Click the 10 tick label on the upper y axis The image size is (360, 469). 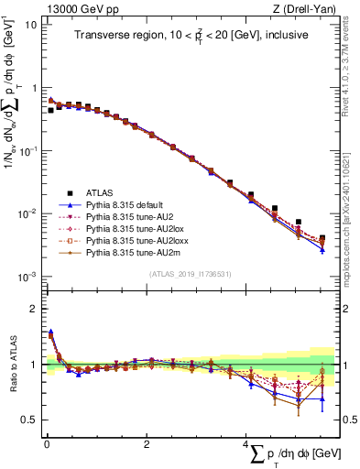coord(31,25)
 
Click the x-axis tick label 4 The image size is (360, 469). coord(246,443)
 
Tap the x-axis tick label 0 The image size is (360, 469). coord(46,443)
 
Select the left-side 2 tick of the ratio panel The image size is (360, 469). coord(33,309)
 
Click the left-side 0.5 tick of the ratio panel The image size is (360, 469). coord(29,420)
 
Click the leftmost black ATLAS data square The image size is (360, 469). coord(51,110)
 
